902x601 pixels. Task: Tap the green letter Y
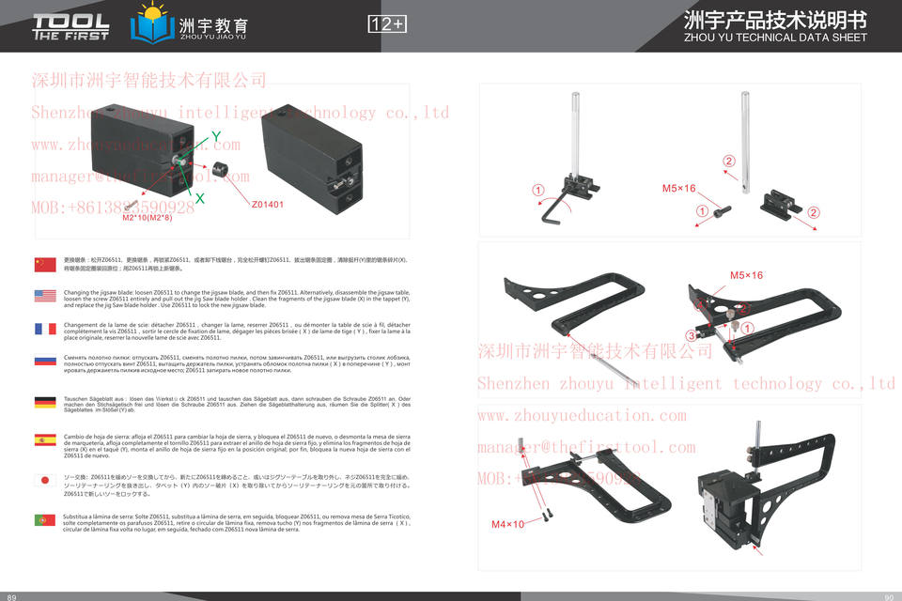[216, 137]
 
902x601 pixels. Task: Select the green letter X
[199, 198]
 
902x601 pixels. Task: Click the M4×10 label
[507, 524]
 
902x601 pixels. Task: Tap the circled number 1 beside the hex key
[538, 191]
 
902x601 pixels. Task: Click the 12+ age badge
[387, 24]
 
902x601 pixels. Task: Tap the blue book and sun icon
[150, 24]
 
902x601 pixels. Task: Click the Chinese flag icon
[44, 264]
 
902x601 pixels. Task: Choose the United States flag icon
[44, 297]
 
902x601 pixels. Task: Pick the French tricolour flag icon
[44, 329]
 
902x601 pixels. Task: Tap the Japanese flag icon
[44, 480]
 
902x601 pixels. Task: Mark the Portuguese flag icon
[44, 519]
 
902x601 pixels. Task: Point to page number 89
[12, 595]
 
